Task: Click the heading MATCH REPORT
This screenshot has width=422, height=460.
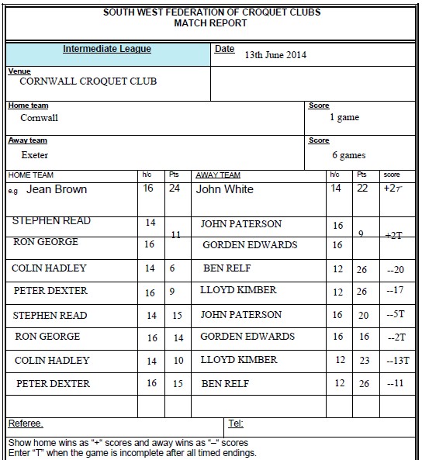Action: (x=210, y=23)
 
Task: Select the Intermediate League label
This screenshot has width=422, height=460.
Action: (x=107, y=50)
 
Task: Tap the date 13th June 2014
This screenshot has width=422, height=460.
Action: (x=275, y=55)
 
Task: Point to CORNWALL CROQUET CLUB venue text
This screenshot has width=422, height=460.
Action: (x=87, y=81)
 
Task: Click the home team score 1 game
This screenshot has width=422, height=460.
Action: (x=344, y=117)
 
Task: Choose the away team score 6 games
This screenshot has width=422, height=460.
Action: (x=348, y=154)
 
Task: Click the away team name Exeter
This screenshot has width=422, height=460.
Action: (x=35, y=154)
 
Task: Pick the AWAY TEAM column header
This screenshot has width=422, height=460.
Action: (x=218, y=175)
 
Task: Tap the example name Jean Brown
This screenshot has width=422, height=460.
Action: (x=57, y=189)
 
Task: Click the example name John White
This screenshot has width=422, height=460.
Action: (x=225, y=189)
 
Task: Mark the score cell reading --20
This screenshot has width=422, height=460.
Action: (x=396, y=269)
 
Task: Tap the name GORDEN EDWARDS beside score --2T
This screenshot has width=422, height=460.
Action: (x=247, y=337)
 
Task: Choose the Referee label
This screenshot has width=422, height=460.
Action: (x=26, y=424)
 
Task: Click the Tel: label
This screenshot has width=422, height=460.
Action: (x=236, y=424)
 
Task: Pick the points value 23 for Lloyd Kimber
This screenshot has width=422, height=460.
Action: (x=363, y=361)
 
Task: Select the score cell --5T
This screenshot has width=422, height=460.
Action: (x=396, y=316)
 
